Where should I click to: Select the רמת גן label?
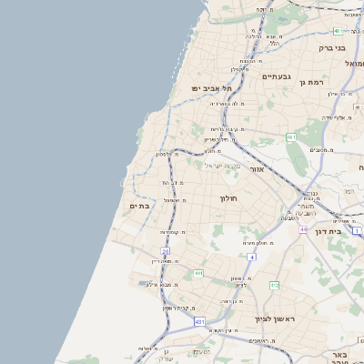tap(311, 83)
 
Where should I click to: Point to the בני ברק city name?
tap(332, 47)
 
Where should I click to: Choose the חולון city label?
tap(227, 197)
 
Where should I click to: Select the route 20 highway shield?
tap(166, 251)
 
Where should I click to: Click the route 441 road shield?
tap(197, 272)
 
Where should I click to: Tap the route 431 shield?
tap(199, 321)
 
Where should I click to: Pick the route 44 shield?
tap(302, 230)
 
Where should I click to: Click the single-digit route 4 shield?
tap(252, 258)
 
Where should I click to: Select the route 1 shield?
tap(357, 231)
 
